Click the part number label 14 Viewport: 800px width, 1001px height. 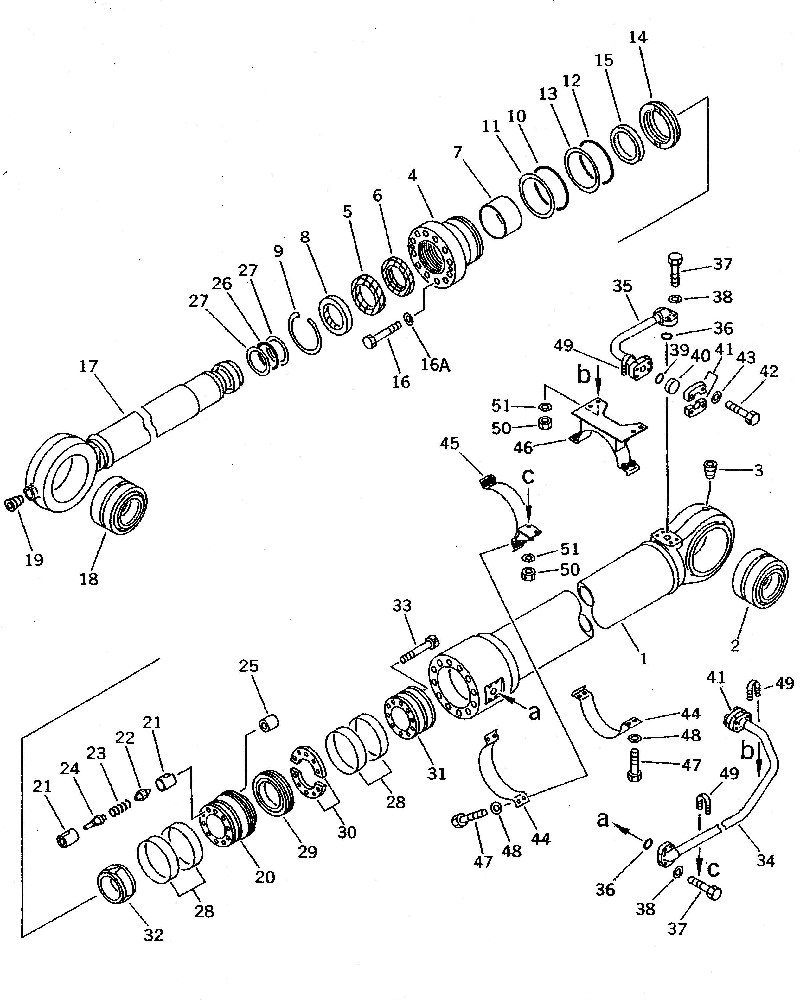click(637, 37)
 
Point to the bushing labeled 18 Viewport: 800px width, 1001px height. click(118, 505)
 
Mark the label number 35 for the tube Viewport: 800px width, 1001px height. click(622, 286)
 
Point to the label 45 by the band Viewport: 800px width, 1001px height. click(449, 444)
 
